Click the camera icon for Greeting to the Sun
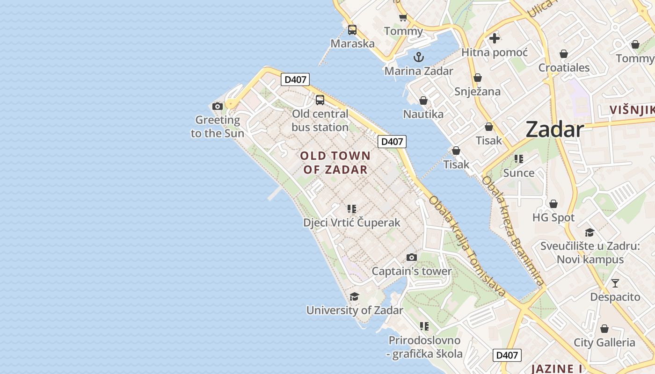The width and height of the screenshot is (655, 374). [217, 107]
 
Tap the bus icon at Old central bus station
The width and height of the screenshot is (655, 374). [320, 100]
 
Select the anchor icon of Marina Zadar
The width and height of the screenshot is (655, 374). [419, 57]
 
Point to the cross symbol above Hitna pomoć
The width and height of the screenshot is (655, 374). [495, 38]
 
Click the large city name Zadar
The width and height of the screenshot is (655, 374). [555, 129]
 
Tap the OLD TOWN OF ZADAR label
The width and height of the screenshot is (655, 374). [335, 163]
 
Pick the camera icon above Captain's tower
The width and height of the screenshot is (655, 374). [412, 257]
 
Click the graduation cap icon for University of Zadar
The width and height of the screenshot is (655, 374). [354, 297]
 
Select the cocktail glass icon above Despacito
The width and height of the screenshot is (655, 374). [615, 283]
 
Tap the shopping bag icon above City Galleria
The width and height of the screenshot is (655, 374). [604, 329]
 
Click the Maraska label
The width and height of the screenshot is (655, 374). [352, 43]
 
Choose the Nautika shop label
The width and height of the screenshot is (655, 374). [423, 114]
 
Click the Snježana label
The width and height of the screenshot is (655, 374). [477, 91]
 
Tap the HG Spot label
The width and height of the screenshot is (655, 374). [553, 217]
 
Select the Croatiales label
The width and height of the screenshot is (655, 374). [564, 68]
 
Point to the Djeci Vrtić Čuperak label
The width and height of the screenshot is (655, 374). [352, 223]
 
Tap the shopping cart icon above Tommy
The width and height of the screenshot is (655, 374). [403, 18]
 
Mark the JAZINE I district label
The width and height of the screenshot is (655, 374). [556, 368]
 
